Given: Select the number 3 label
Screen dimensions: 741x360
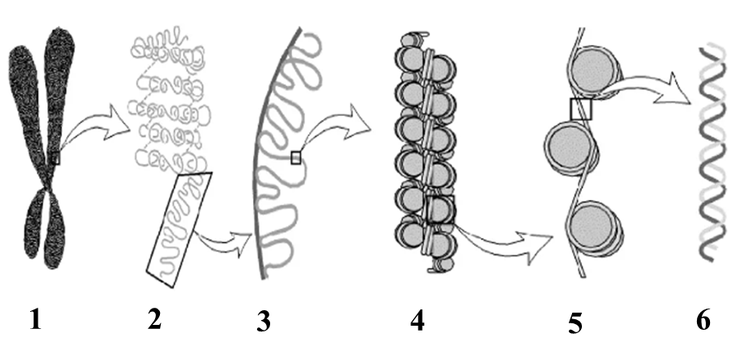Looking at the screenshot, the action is (x=264, y=322).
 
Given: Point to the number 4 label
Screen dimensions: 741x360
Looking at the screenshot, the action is (x=417, y=322).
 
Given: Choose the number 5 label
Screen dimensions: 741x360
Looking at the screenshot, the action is (x=575, y=323).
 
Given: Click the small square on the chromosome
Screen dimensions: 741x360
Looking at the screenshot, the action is (x=55, y=158).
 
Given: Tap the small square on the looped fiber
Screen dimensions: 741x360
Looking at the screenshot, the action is (x=296, y=158).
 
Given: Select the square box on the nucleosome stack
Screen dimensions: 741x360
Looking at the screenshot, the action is (x=441, y=209).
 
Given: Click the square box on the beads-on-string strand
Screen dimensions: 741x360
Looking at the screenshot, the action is (x=581, y=109).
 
